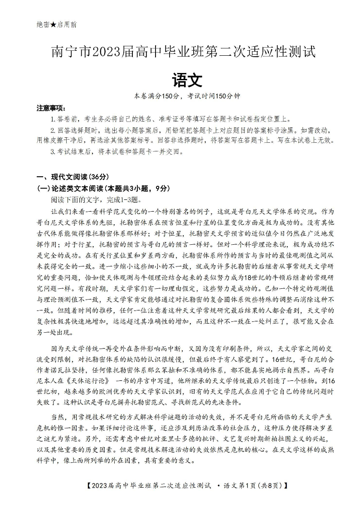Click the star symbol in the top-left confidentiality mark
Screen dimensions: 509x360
(53, 24)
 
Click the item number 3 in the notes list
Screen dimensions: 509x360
(53, 151)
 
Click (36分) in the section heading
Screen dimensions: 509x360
(98, 177)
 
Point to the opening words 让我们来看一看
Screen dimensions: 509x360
(75, 212)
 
